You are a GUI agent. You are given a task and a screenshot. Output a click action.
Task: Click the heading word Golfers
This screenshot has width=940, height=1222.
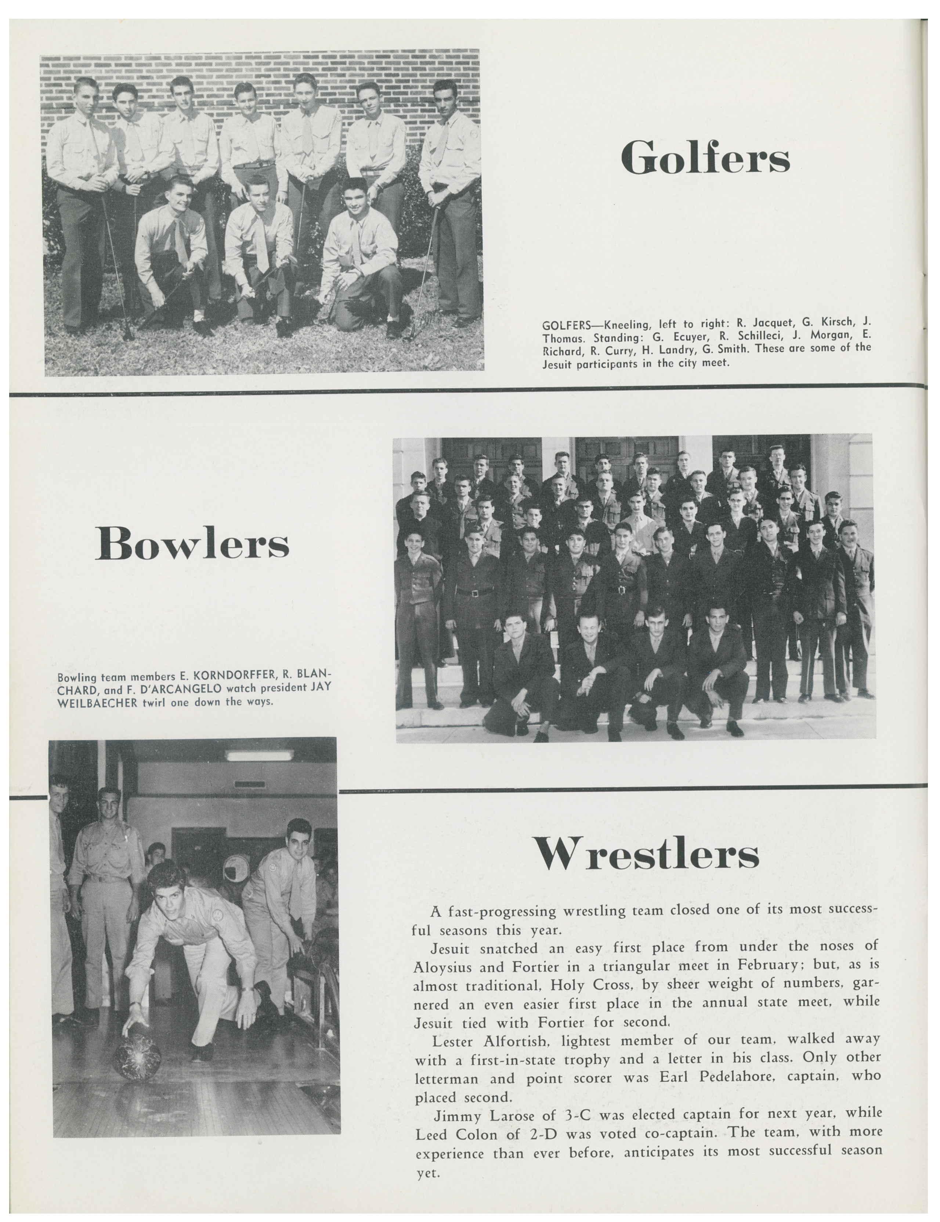tap(705, 157)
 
